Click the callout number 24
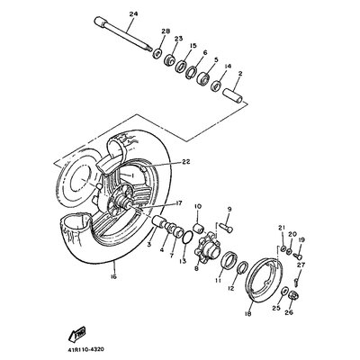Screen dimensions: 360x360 [133, 13]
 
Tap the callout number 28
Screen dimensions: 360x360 [164, 31]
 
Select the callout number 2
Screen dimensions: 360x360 [239, 76]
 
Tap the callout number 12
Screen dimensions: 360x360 [230, 288]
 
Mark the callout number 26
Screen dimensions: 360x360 [288, 315]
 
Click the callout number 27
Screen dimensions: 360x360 [302, 265]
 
